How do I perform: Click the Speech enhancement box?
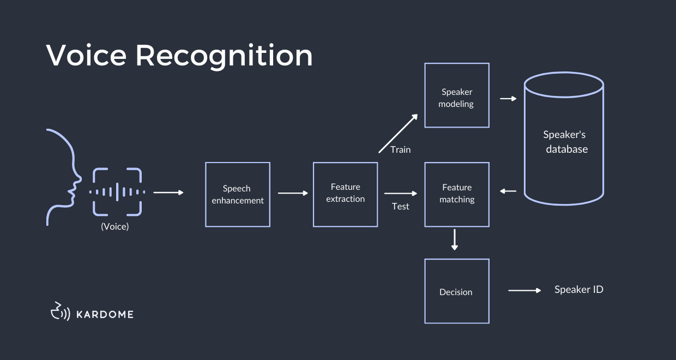coord(238,194)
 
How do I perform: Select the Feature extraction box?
coord(345,194)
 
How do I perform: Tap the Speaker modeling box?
coord(456,95)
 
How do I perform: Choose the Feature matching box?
coord(456,194)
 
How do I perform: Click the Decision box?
coord(456,291)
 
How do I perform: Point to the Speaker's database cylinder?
coord(564,142)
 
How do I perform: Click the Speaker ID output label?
coord(578,290)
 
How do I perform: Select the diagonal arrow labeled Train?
coord(398,133)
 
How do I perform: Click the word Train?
coord(400,149)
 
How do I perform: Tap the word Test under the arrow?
coord(400,206)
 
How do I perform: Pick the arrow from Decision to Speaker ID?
coord(524,291)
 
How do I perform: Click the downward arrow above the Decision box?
coord(455,240)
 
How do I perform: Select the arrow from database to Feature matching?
coord(508,191)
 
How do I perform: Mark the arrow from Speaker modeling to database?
coord(508,99)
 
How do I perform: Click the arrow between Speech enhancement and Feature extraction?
coord(293,193)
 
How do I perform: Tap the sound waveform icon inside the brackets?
coord(117,192)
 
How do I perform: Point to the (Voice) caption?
coord(115,226)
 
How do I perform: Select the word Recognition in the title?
coord(224,55)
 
